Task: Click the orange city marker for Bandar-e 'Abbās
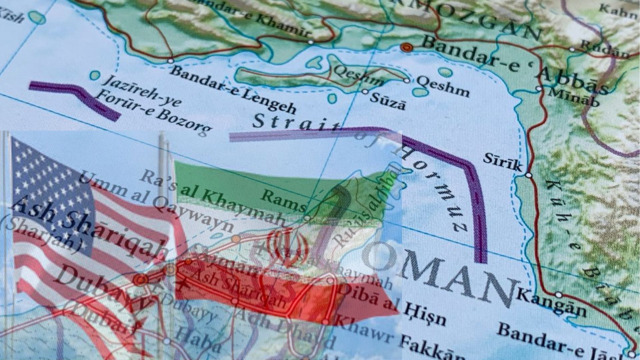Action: point(406,47)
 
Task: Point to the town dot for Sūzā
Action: point(365,91)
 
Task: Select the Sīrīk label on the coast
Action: point(502,162)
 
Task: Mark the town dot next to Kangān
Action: point(559,295)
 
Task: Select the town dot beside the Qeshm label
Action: point(407,80)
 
